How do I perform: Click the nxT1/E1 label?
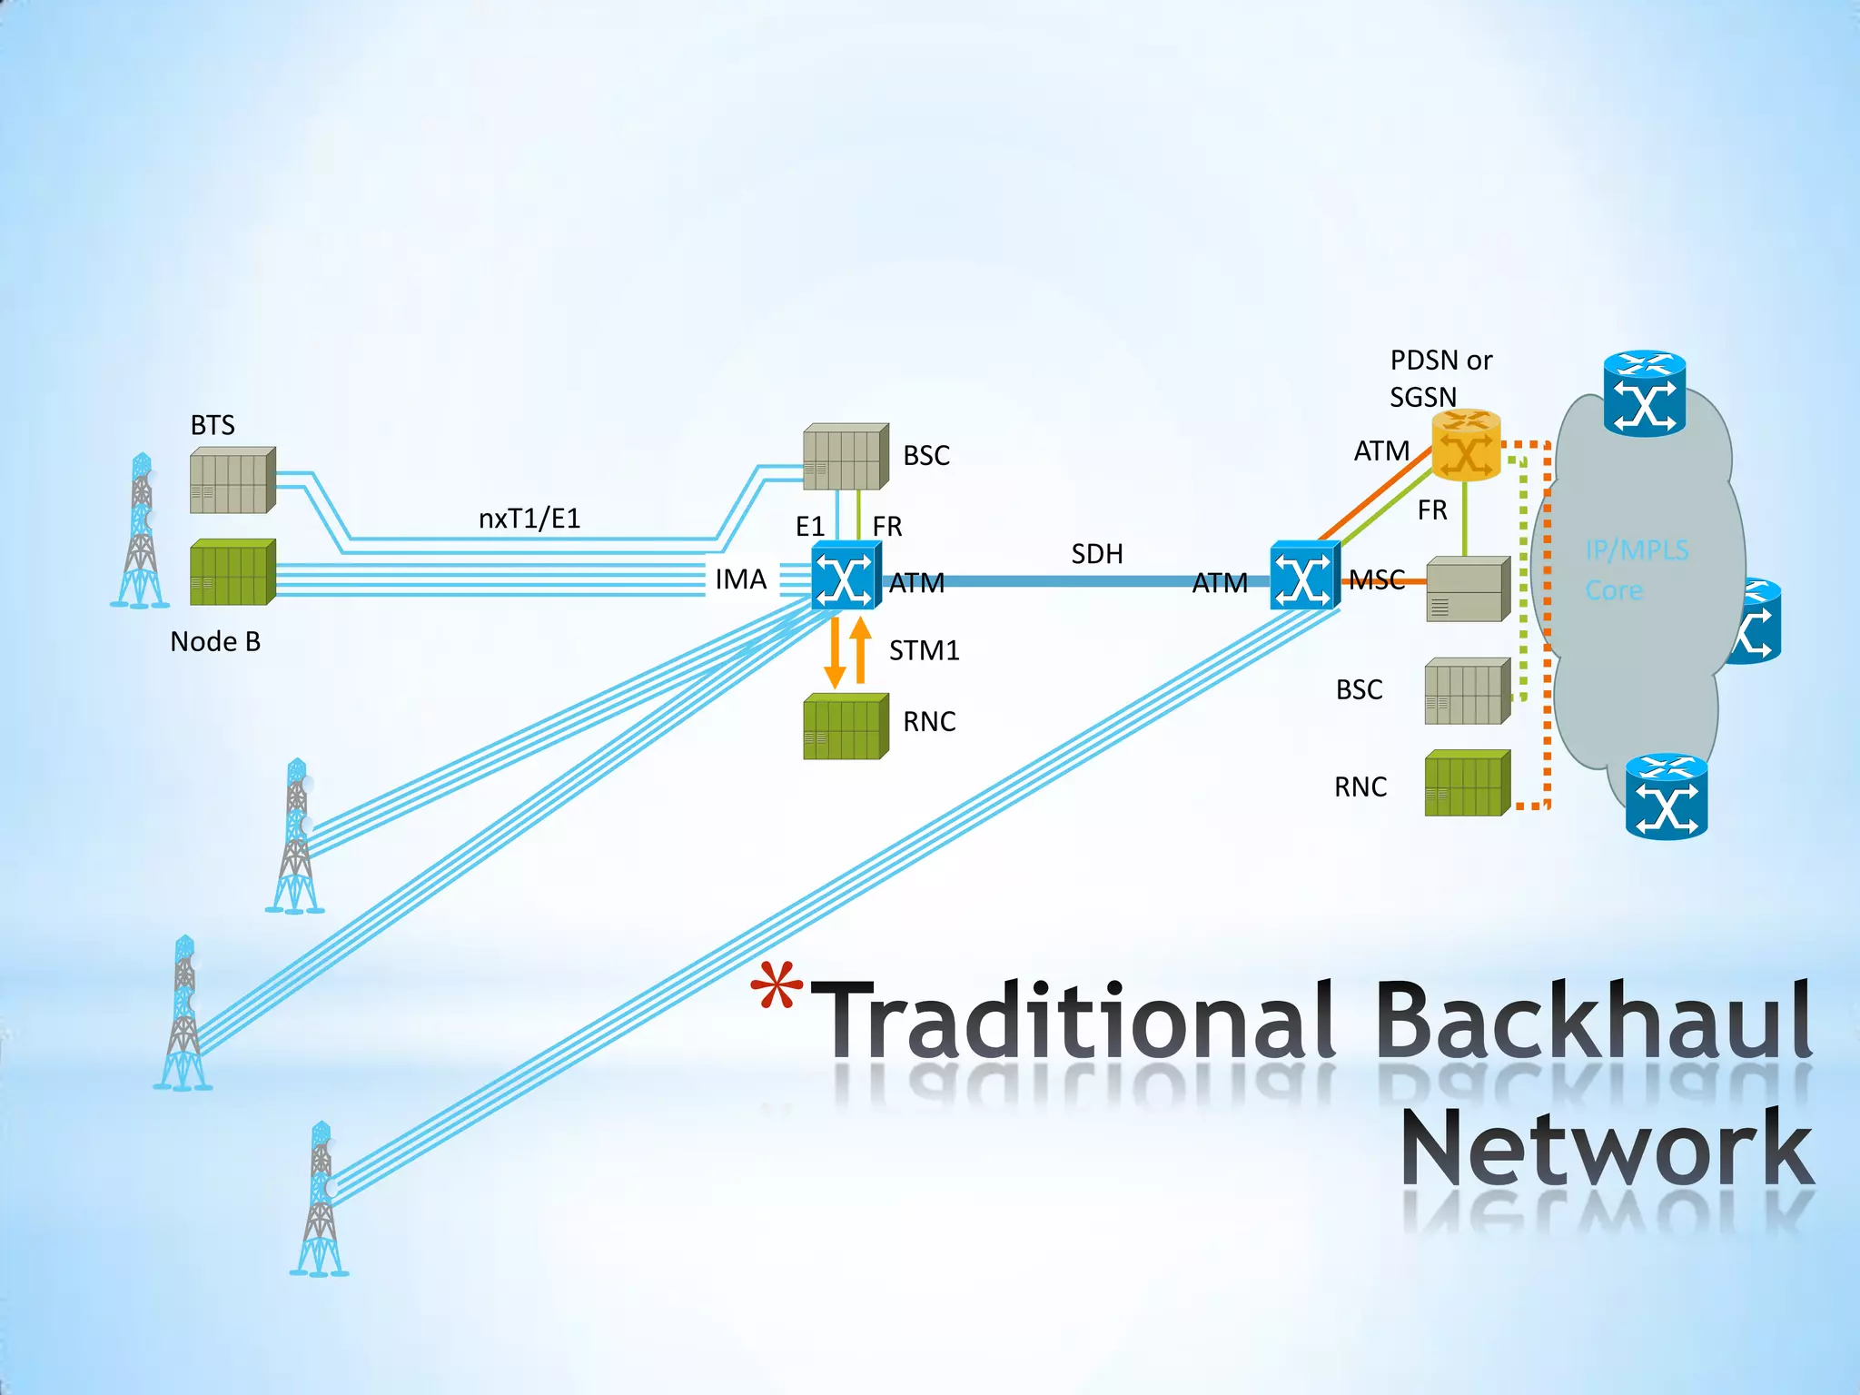click(529, 519)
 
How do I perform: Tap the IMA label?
click(740, 579)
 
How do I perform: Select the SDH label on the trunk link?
click(1097, 554)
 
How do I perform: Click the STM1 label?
click(924, 650)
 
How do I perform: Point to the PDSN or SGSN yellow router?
click(1465, 445)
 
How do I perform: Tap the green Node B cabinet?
click(232, 572)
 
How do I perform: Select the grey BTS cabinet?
click(232, 480)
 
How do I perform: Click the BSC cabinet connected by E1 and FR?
click(845, 457)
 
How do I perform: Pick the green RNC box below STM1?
click(845, 727)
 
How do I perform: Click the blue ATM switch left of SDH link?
click(846, 576)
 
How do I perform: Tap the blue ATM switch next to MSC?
click(1304, 576)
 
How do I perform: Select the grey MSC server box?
click(1467, 589)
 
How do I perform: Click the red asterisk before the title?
click(777, 985)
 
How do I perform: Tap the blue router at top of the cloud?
click(1644, 394)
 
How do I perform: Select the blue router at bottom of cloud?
click(1666, 796)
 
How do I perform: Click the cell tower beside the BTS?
click(141, 531)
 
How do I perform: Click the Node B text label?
click(215, 642)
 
